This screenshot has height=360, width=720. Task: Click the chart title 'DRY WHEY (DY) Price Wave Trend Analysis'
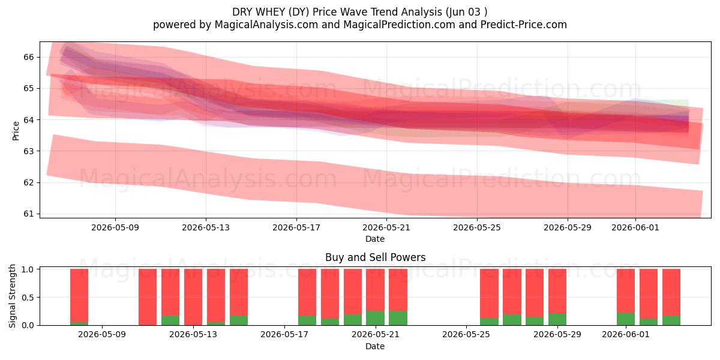(x=337, y=12)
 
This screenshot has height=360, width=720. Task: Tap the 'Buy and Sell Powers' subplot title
(x=375, y=257)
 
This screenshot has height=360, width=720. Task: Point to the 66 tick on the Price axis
(x=28, y=57)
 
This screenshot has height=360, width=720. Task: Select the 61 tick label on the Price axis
(x=28, y=214)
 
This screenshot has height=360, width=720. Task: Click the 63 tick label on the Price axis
(x=28, y=151)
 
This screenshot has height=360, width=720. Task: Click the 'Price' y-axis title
(x=16, y=131)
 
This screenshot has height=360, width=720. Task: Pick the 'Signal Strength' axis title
(x=12, y=296)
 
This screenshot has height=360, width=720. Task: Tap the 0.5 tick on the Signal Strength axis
(x=28, y=298)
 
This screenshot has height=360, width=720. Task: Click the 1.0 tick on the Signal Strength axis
(x=28, y=269)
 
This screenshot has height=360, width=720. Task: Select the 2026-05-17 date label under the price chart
(x=296, y=227)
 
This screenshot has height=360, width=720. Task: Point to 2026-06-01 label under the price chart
(x=635, y=227)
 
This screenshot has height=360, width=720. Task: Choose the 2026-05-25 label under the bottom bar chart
(x=466, y=334)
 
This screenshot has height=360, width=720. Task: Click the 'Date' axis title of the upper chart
(x=375, y=239)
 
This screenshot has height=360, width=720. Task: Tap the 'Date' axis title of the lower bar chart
(x=375, y=346)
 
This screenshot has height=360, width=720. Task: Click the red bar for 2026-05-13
(x=193, y=297)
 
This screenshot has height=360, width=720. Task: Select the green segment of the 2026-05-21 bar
(x=375, y=318)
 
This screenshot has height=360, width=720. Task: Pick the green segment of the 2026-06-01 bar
(x=626, y=319)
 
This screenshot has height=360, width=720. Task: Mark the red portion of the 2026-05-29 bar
(x=557, y=291)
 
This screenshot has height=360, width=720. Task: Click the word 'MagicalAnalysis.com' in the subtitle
(x=266, y=25)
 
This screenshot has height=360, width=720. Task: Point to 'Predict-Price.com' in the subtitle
(x=524, y=25)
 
